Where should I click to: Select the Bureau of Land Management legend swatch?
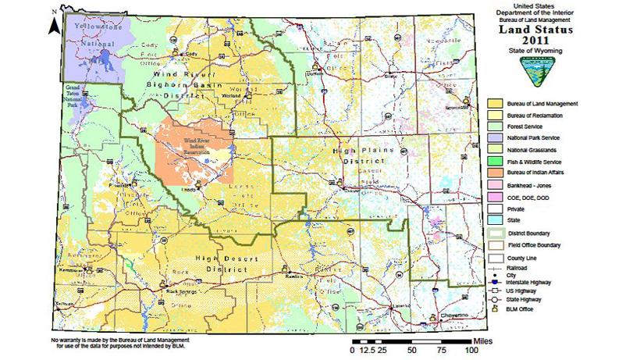495,103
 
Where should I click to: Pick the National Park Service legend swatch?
495,137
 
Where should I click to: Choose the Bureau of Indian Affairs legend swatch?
495,171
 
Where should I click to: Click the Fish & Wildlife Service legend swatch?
495,159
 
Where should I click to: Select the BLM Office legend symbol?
495,309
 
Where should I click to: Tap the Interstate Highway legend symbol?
495,282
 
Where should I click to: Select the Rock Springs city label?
180,293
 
